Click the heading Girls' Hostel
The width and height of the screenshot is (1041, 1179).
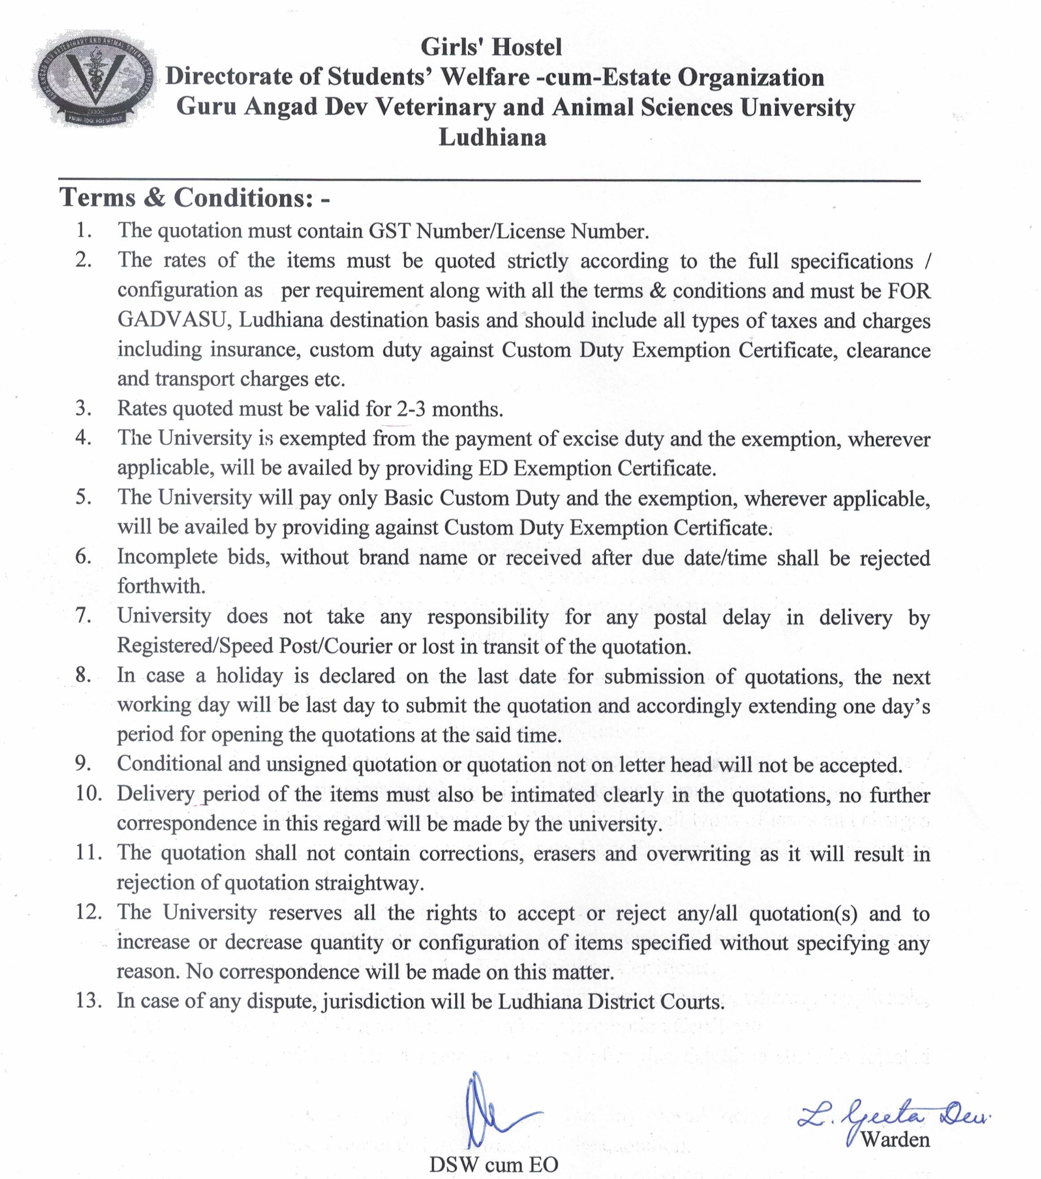pyautogui.click(x=491, y=47)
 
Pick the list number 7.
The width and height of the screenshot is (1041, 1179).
pyautogui.click(x=83, y=616)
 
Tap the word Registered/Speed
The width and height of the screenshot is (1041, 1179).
pyautogui.click(x=196, y=646)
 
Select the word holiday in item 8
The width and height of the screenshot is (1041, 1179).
pyautogui.click(x=250, y=676)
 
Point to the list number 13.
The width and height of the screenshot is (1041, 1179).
pyautogui.click(x=88, y=1000)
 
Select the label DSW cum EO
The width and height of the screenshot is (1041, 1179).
pyautogui.click(x=493, y=1164)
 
